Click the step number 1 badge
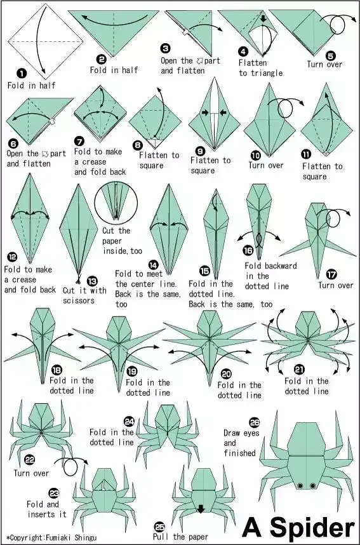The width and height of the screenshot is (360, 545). [22, 74]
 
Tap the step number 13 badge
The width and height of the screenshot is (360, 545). [91, 281]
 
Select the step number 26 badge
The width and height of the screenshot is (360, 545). [255, 422]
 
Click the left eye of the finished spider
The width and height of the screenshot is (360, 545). [300, 485]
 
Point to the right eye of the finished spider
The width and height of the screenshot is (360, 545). [313, 485]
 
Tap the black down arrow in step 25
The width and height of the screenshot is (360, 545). [201, 509]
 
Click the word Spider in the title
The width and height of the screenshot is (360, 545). [312, 528]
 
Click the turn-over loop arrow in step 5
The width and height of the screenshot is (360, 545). [337, 24]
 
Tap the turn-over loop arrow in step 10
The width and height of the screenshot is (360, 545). [286, 108]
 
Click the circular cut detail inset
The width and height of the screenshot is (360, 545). [116, 203]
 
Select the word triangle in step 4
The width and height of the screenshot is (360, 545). [265, 73]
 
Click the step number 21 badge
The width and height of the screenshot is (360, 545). [299, 369]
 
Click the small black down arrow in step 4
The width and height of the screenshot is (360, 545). [263, 18]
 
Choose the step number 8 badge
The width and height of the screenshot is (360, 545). [138, 145]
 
